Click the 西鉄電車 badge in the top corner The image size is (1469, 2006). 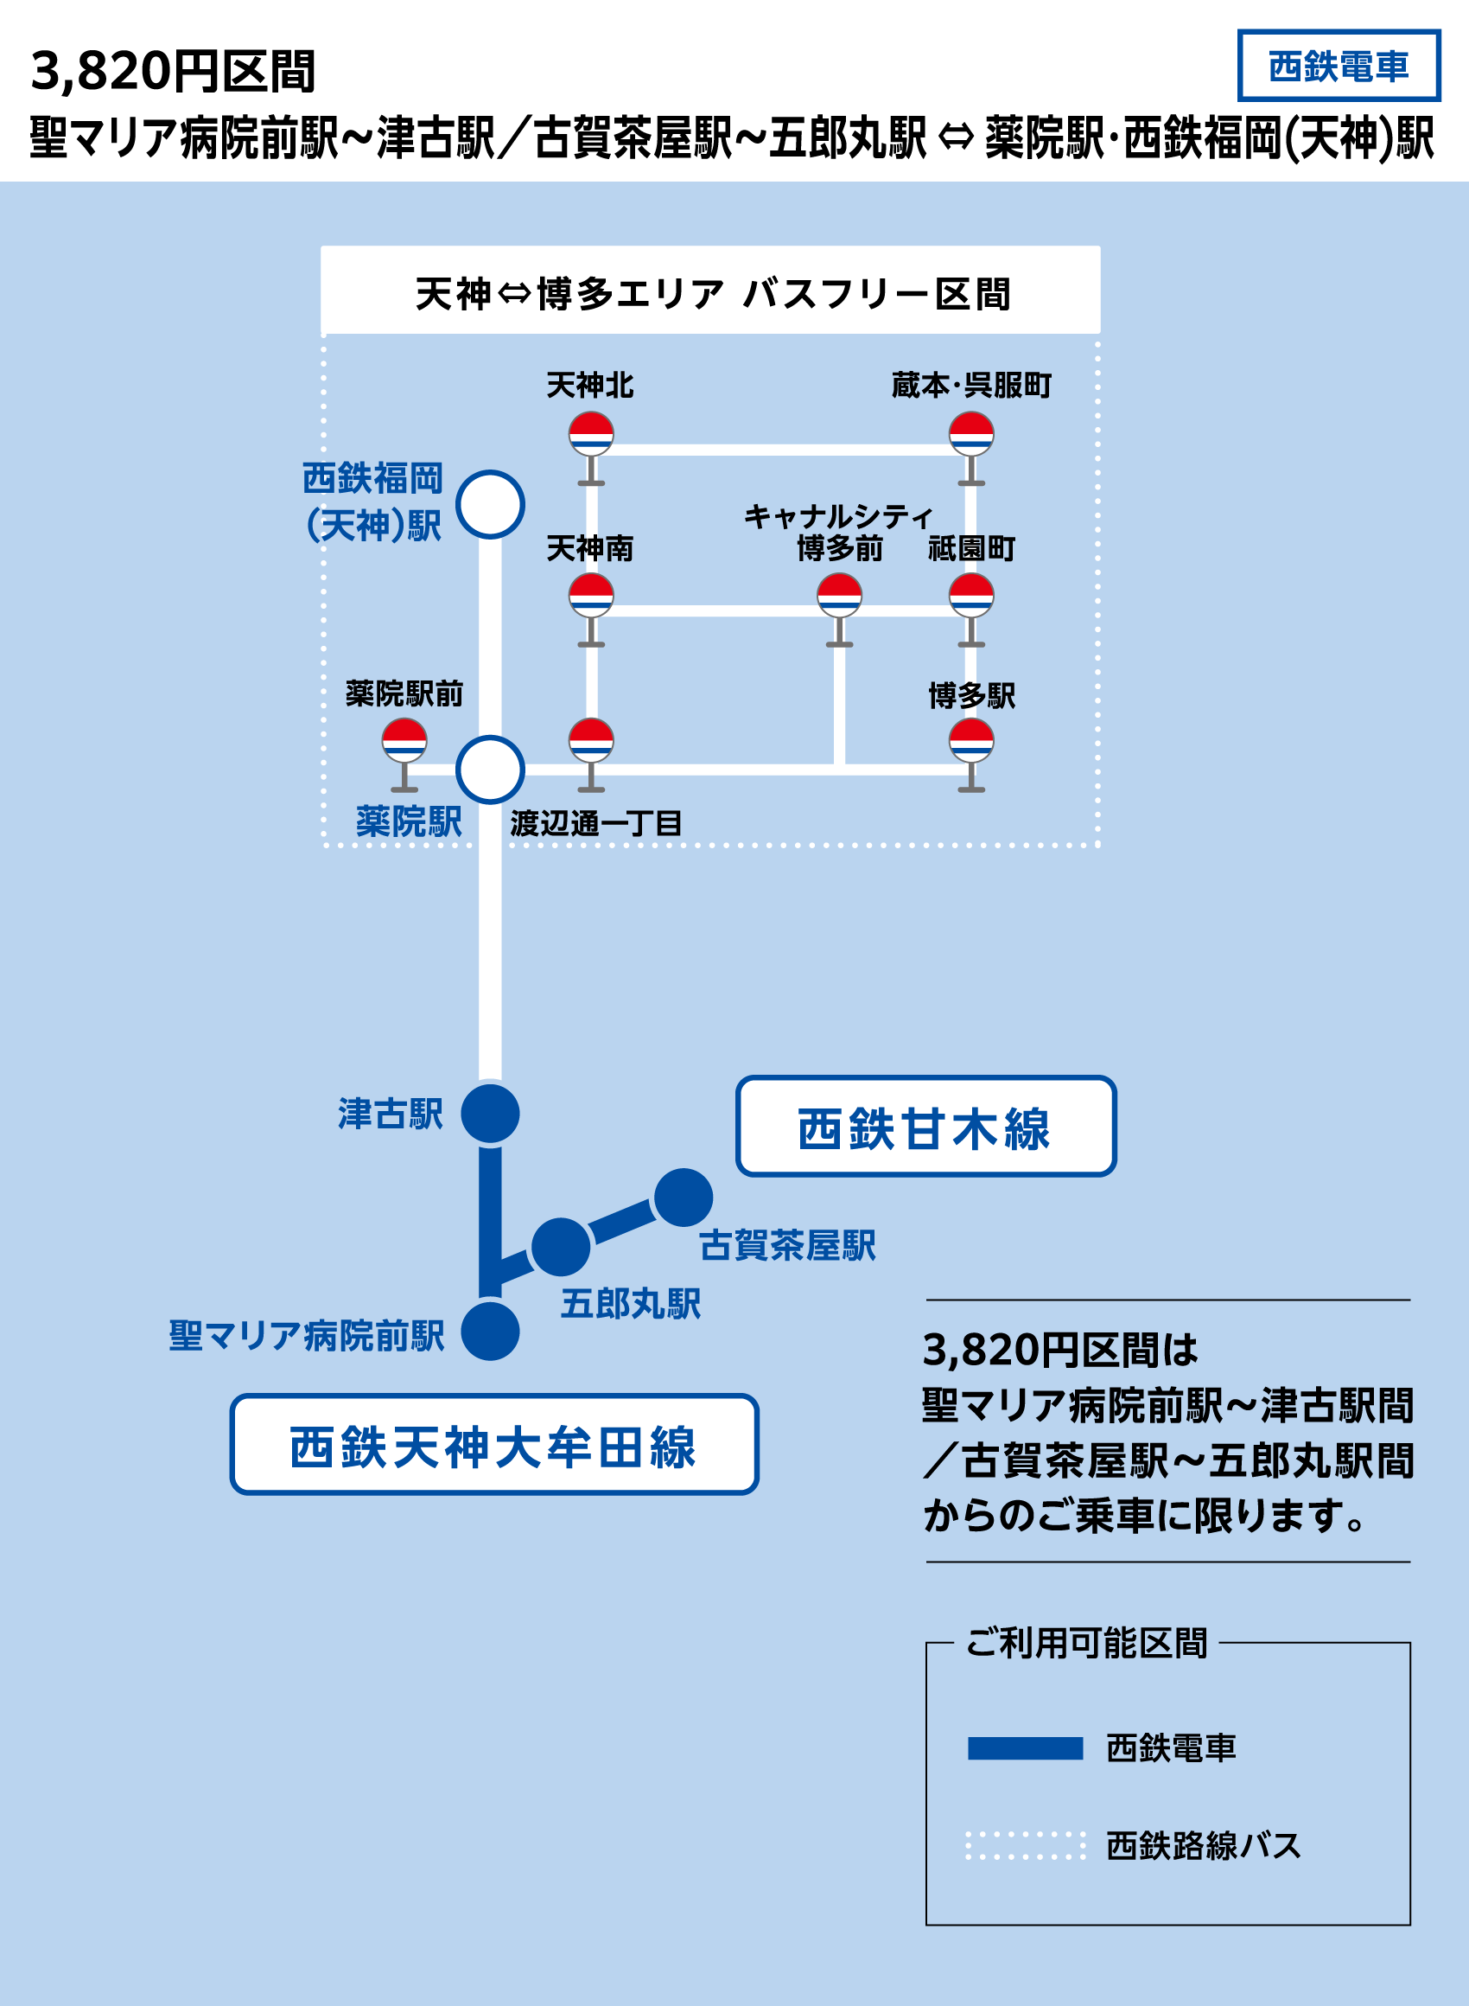coord(1339,66)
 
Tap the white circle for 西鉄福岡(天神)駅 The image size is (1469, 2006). coord(490,504)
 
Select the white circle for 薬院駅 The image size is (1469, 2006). coord(490,770)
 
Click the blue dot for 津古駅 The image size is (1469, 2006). coord(490,1114)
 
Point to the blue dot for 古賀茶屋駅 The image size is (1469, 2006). coord(683,1198)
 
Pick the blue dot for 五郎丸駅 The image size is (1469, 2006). coord(560,1247)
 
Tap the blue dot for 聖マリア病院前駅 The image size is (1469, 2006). coord(490,1332)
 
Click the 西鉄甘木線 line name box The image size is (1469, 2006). coord(925,1128)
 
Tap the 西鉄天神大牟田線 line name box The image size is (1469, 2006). coord(493,1445)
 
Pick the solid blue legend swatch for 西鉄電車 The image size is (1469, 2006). coord(1026,1749)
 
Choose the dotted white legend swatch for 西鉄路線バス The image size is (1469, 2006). coord(1026,1846)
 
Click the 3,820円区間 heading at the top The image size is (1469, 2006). coord(174,71)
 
